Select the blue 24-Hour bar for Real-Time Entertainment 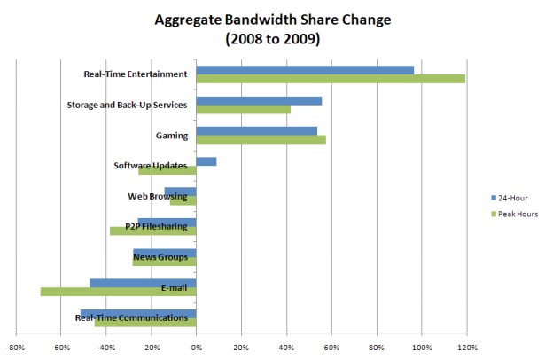click(x=305, y=70)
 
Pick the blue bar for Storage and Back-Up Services click(x=259, y=100)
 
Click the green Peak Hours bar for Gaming click(x=261, y=140)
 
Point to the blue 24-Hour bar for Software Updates click(x=206, y=161)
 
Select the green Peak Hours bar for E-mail click(x=118, y=292)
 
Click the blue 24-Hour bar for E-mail click(x=143, y=283)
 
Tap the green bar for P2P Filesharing click(x=152, y=231)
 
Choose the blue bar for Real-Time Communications click(x=137, y=313)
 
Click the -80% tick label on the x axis click(x=15, y=347)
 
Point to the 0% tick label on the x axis click(x=196, y=347)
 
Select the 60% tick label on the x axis click(x=331, y=347)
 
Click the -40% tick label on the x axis click(x=105, y=347)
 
